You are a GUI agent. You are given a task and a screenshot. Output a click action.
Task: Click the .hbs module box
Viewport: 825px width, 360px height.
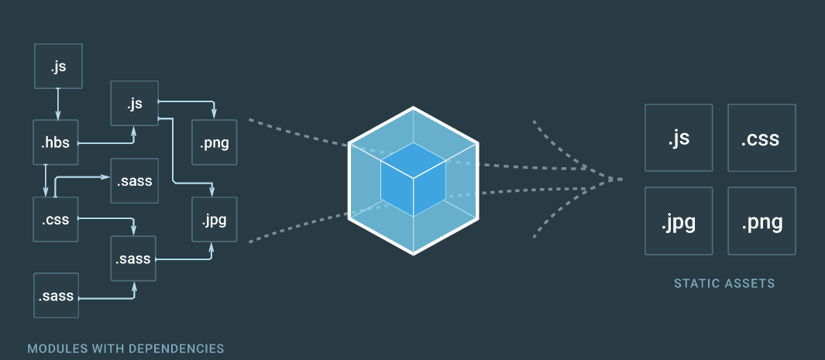pyautogui.click(x=57, y=142)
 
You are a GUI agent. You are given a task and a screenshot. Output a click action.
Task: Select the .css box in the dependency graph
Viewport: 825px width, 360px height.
pyautogui.click(x=57, y=219)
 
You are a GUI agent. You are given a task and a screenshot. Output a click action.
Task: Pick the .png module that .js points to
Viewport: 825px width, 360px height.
pyautogui.click(x=214, y=142)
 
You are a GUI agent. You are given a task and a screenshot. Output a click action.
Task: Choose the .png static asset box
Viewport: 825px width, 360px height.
pyautogui.click(x=761, y=221)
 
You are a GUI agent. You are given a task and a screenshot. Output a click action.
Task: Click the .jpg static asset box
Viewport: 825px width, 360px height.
pyautogui.click(x=679, y=221)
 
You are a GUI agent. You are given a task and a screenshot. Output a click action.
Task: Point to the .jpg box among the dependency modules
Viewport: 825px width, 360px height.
pyautogui.click(x=214, y=219)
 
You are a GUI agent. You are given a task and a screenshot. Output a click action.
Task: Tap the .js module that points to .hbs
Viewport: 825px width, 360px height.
pyautogui.click(x=58, y=67)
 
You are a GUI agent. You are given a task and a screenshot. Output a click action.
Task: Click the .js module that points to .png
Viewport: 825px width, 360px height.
pyautogui.click(x=134, y=104)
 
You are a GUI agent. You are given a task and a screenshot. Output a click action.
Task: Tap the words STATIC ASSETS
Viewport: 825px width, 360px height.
pyautogui.click(x=724, y=283)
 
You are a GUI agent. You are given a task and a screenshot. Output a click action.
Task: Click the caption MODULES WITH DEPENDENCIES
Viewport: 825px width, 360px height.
pyautogui.click(x=126, y=348)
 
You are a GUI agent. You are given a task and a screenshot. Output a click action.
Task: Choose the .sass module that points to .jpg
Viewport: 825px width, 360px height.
pyautogui.click(x=134, y=257)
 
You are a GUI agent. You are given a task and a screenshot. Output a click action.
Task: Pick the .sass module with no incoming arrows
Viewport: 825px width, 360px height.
pyautogui.click(x=57, y=295)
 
